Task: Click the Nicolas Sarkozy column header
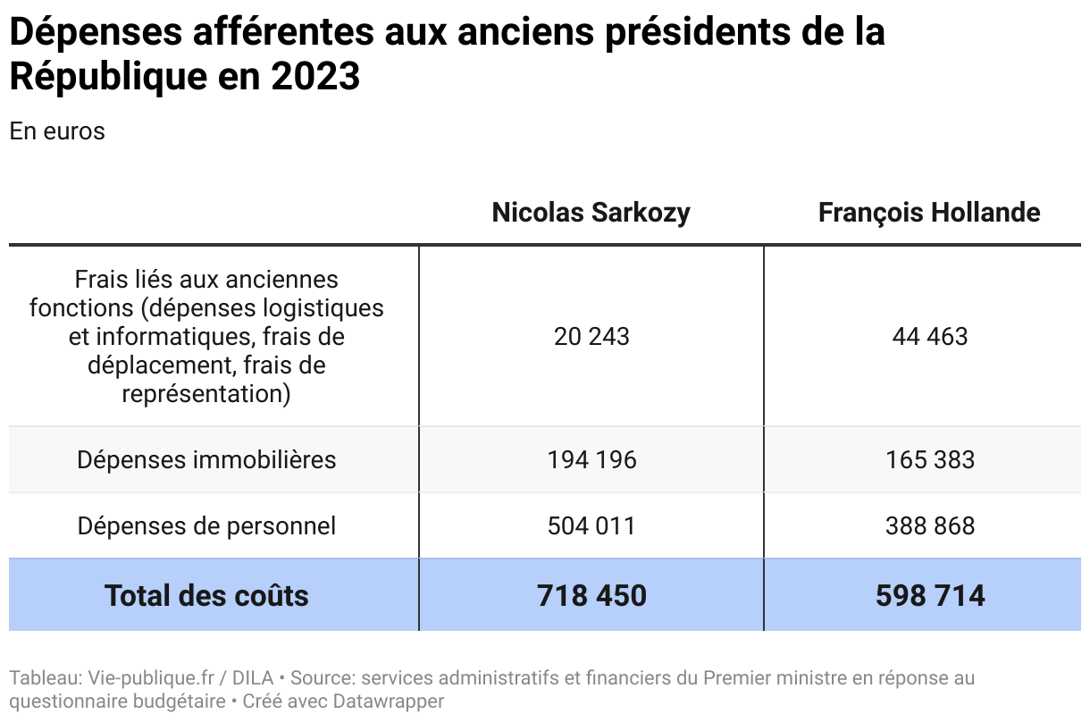tap(591, 213)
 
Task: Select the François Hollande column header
tap(929, 213)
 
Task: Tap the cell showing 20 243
tap(591, 337)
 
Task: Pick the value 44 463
tap(929, 337)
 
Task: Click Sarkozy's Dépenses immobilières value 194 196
tap(591, 460)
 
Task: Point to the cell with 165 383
tap(929, 460)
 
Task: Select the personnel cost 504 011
tap(591, 526)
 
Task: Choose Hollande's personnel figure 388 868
tap(929, 526)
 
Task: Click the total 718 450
tap(591, 596)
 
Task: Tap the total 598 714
tap(929, 596)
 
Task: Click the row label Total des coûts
tap(206, 596)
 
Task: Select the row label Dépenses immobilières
tap(206, 460)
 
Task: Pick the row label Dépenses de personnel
tap(206, 526)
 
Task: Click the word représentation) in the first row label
tap(206, 394)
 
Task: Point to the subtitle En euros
tap(57, 131)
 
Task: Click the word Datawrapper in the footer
tap(388, 701)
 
